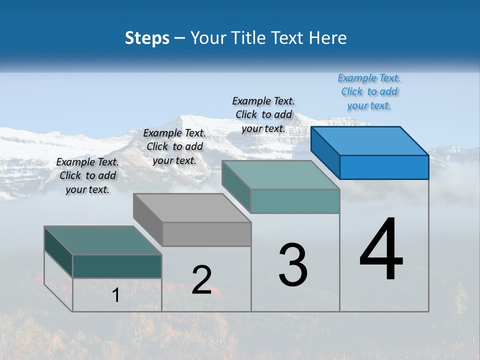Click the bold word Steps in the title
147,38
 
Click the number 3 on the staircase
292,264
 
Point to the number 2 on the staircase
201,280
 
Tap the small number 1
115,295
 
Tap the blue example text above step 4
369,91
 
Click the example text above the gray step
174,146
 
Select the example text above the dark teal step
87,175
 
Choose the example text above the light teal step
263,114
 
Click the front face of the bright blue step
384,167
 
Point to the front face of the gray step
207,234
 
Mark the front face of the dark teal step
117,266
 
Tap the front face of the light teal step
295,201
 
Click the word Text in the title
290,38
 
